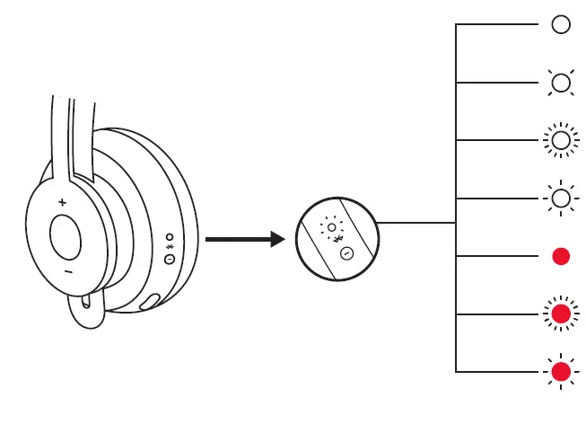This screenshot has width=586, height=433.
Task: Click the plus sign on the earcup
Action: [62, 203]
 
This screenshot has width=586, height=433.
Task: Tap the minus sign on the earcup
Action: [67, 270]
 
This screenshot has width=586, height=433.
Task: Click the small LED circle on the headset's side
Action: [170, 237]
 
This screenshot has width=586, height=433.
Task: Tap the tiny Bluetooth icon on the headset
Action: [169, 248]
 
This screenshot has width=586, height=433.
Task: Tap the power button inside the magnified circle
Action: [345, 254]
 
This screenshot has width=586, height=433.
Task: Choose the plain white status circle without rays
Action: [561, 25]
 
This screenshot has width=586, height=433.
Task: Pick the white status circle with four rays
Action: [561, 83]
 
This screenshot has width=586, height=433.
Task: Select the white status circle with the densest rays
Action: [561, 141]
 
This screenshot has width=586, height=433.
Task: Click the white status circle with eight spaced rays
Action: [561, 199]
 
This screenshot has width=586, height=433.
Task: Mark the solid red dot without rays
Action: [561, 257]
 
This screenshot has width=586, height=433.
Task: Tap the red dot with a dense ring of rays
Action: [561, 314]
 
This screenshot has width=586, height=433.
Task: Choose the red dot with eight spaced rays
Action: [561, 372]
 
